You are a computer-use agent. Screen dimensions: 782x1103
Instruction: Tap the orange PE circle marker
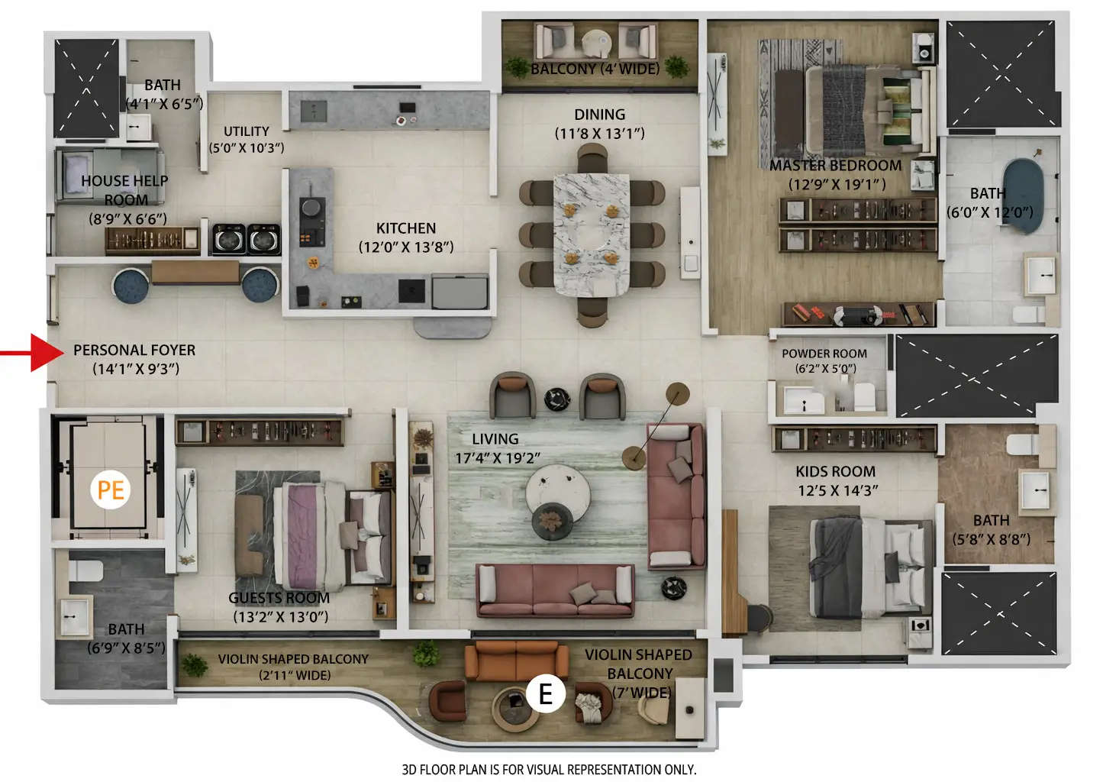tap(111, 489)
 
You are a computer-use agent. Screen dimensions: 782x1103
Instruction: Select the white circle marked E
tap(545, 693)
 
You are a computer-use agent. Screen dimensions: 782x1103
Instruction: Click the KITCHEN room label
tap(405, 228)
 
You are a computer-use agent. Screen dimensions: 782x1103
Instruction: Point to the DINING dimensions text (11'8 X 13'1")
tap(599, 134)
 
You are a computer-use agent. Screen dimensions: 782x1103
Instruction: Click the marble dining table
tap(591, 234)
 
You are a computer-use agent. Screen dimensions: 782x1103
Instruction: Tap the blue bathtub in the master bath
tap(1021, 195)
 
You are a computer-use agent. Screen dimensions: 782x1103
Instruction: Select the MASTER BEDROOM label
tap(835, 166)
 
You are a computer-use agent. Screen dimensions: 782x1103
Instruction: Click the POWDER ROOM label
tap(824, 354)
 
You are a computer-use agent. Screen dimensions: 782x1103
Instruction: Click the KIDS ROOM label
tap(835, 472)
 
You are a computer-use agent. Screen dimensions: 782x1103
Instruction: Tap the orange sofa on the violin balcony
tap(516, 661)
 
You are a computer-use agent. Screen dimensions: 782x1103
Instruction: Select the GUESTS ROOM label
tap(279, 598)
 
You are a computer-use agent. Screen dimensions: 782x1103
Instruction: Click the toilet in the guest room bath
tap(85, 570)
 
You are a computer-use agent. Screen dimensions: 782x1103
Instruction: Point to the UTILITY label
tap(246, 131)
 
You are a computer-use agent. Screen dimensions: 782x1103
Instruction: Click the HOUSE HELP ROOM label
tap(125, 190)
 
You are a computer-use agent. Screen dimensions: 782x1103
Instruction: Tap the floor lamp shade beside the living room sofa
tap(677, 393)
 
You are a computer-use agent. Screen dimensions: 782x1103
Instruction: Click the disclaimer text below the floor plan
tap(549, 769)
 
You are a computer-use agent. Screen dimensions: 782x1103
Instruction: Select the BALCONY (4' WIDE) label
tap(595, 69)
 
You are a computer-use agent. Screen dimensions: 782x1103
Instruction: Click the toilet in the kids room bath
tap(1021, 444)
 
